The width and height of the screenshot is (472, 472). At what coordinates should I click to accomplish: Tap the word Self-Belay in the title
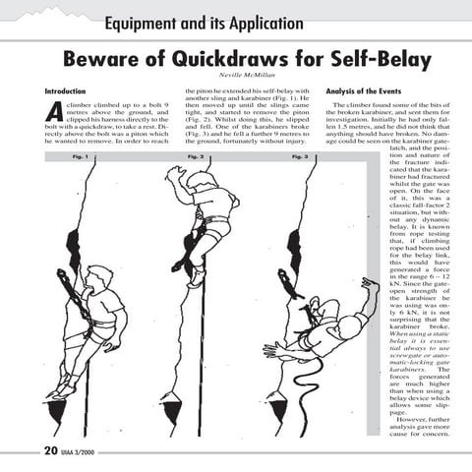(369, 60)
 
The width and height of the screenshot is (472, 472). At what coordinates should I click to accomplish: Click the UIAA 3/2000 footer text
(77, 453)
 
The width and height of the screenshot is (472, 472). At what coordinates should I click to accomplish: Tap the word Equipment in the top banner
(147, 22)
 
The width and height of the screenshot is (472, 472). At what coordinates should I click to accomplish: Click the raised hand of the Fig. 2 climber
(174, 173)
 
